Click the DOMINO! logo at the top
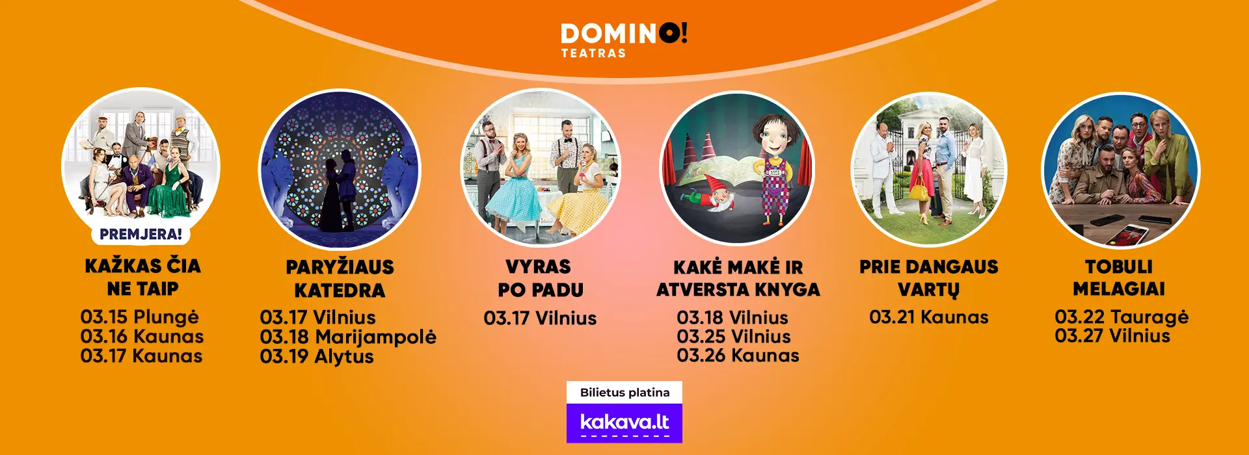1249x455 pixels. (x=624, y=34)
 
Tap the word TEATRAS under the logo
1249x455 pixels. (x=593, y=53)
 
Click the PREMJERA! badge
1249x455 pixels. (x=141, y=234)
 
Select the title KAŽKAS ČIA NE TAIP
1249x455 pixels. (x=142, y=277)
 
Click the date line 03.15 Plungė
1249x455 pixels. (x=139, y=317)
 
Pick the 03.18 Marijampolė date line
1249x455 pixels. (x=348, y=337)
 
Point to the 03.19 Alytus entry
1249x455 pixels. (x=317, y=357)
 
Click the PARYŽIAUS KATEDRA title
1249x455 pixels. (x=340, y=278)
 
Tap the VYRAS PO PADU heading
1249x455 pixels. (x=540, y=278)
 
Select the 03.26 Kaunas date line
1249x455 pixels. (x=738, y=356)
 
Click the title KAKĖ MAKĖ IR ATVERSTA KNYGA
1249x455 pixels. (x=738, y=278)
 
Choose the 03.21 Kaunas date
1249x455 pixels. (x=928, y=317)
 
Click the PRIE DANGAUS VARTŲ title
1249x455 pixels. (x=928, y=278)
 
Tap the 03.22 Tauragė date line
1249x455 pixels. (x=1121, y=317)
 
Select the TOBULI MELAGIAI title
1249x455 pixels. (x=1119, y=278)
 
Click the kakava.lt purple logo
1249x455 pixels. (x=624, y=423)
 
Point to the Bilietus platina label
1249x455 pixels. (x=624, y=393)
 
